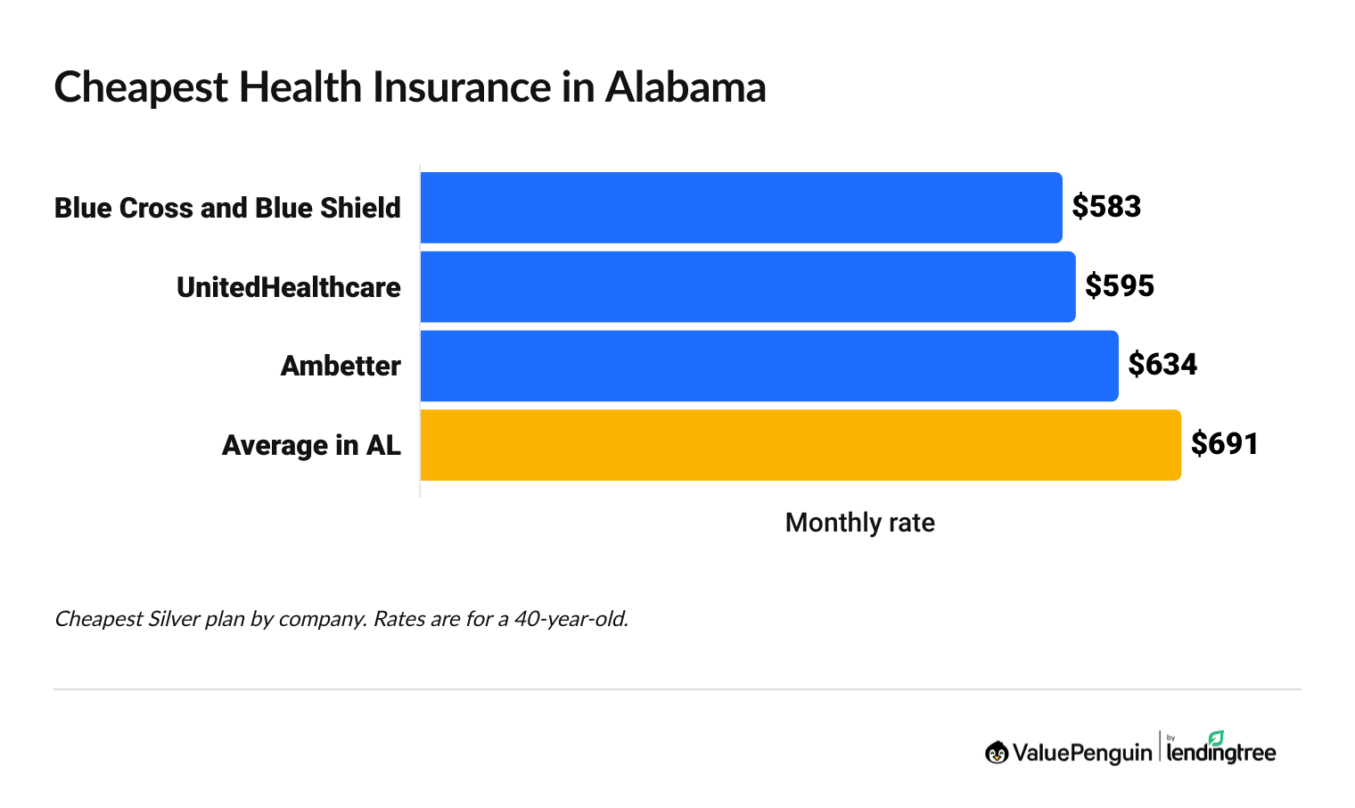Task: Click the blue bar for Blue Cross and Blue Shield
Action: [x=741, y=208]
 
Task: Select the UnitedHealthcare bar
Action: [x=747, y=286]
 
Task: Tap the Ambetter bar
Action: [x=768, y=366]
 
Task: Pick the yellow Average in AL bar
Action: [x=800, y=445]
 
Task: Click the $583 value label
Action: [x=1106, y=207]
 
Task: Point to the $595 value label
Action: [x=1120, y=286]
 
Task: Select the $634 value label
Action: [x=1162, y=365]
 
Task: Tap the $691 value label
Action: [x=1225, y=444]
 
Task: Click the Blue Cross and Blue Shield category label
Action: [x=227, y=208]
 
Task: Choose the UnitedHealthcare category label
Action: [x=288, y=287]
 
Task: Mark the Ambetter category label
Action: [x=340, y=366]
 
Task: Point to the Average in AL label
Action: [x=311, y=445]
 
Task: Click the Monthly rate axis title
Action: [x=859, y=523]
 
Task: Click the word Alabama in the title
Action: [x=686, y=87]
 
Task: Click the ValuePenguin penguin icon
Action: [x=997, y=753]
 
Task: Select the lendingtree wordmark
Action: [x=1221, y=754]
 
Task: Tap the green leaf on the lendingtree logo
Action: [x=1216, y=738]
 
